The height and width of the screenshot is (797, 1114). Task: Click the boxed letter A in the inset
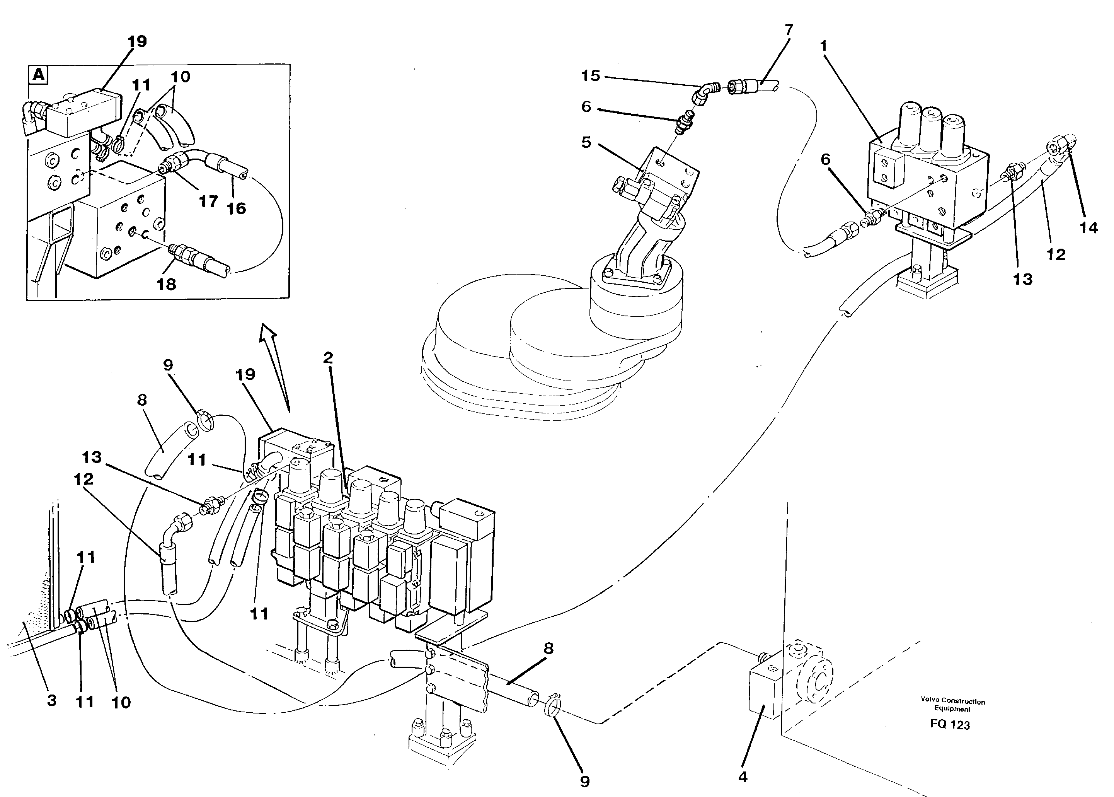(x=38, y=75)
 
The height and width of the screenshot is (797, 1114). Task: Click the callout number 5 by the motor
(x=586, y=142)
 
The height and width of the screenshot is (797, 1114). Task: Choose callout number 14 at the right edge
(x=1088, y=227)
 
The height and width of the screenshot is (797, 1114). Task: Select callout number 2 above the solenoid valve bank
(x=328, y=357)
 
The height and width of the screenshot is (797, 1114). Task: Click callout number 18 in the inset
(x=166, y=284)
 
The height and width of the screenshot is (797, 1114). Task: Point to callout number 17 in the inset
(x=208, y=201)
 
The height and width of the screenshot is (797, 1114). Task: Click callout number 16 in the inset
(x=236, y=208)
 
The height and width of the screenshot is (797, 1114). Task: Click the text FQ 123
(x=950, y=725)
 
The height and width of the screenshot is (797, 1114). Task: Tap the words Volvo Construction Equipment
(x=952, y=705)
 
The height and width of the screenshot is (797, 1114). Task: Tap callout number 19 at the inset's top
(x=137, y=41)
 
